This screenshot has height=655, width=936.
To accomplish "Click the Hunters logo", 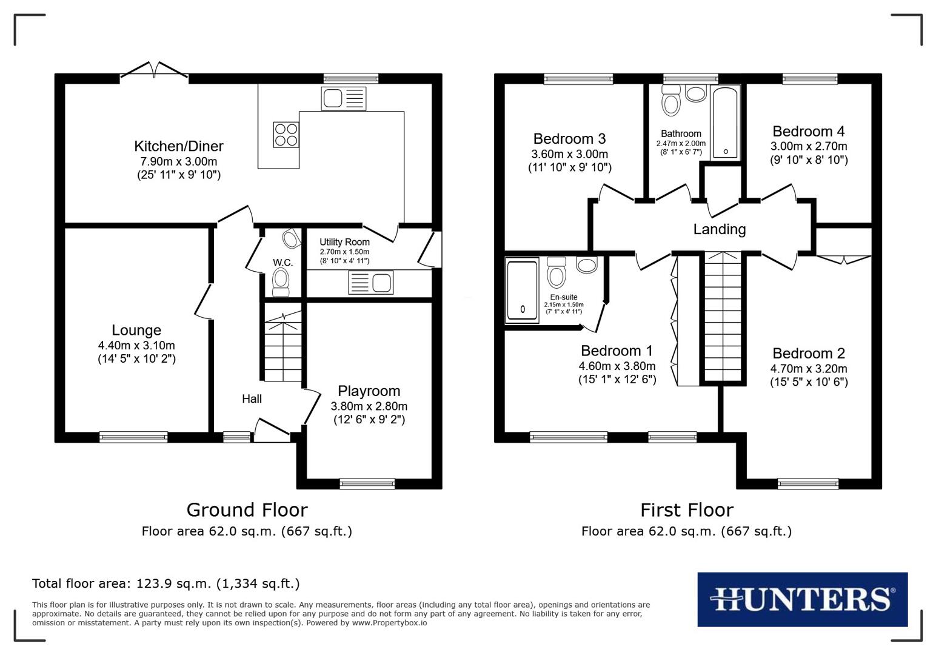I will tap(802, 599).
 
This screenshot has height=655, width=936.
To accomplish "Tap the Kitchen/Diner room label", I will tap(178, 146).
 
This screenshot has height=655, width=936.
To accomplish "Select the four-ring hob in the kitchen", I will tap(286, 135).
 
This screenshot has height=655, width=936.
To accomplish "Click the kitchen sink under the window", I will tap(343, 98).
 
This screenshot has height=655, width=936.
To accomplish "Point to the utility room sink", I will tap(370, 283).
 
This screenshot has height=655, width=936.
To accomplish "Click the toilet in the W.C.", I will tap(280, 282).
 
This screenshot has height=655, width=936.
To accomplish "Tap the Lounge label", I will tap(136, 330).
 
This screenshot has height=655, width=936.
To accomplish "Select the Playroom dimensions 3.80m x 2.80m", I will tap(369, 406).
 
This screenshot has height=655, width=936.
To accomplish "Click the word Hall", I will tap(252, 398).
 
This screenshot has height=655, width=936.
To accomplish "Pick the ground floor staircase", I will tap(282, 349).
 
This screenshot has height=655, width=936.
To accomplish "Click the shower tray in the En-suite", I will tap(522, 290).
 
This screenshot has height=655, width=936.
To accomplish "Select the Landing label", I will tap(719, 229).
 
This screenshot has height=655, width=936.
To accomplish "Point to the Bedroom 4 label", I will tap(808, 132).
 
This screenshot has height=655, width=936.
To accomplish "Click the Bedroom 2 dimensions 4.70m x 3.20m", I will tap(808, 369).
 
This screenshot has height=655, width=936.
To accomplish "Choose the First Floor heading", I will tap(686, 509).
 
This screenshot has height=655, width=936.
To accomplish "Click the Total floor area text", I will tap(165, 583).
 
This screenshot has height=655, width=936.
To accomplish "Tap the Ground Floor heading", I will tap(247, 509).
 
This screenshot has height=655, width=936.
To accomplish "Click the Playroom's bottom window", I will tap(367, 483).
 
